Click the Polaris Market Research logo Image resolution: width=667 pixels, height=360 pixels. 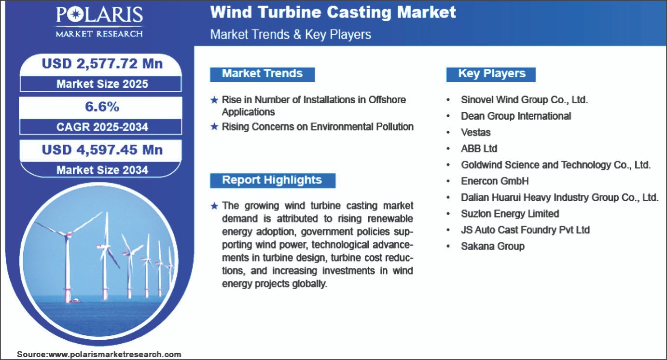click(99, 22)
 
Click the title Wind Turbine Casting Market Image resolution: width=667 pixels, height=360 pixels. click(333, 13)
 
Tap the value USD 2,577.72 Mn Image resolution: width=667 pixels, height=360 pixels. click(102, 64)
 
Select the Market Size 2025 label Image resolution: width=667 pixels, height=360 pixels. click(102, 84)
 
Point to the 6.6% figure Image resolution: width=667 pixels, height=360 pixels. click(102, 107)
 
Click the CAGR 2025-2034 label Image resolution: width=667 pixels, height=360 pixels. click(102, 127)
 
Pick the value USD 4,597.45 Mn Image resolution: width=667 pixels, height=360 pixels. click(102, 150)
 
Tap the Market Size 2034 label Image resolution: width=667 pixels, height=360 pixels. click(102, 170)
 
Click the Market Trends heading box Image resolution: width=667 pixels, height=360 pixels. click(263, 74)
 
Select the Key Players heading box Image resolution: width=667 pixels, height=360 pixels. click(491, 74)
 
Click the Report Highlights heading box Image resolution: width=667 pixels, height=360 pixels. click(273, 180)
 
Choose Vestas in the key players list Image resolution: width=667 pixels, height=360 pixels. click(475, 132)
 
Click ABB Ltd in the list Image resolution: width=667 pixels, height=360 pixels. click(479, 148)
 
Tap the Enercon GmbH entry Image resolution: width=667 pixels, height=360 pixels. click(495, 181)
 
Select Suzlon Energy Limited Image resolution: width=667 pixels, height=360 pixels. click(510, 213)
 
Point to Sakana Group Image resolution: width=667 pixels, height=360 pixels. click(492, 246)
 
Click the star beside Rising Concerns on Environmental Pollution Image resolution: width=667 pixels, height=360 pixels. click(214, 127)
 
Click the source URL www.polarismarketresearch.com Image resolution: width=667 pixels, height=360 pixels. click(115, 354)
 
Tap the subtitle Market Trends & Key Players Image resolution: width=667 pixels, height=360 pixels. click(291, 35)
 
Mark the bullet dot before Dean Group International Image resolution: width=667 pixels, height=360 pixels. click(448, 116)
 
